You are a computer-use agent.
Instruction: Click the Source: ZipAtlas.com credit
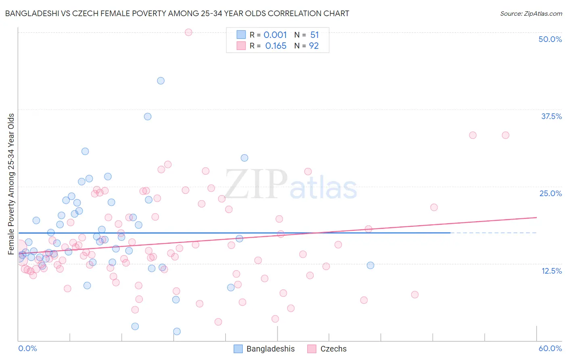[531, 13]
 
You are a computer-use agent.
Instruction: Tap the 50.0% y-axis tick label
[550, 39]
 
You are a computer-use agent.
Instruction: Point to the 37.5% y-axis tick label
[551, 116]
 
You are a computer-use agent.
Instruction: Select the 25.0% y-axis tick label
[550, 193]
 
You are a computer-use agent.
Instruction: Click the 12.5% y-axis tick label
[551, 271]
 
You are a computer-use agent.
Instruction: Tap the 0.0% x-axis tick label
[27, 348]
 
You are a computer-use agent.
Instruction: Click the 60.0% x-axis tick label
[550, 348]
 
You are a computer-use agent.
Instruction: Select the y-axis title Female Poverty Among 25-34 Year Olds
[11, 184]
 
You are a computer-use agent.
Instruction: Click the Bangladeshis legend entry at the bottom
[265, 349]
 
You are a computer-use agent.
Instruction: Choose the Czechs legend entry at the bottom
[327, 349]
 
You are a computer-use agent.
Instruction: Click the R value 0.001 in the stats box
[275, 35]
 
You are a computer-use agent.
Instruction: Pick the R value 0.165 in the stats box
[275, 46]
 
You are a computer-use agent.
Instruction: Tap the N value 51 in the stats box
[315, 35]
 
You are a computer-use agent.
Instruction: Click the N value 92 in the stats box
[314, 46]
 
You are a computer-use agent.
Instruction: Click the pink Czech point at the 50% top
[188, 32]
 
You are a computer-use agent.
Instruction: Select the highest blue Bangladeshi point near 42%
[161, 81]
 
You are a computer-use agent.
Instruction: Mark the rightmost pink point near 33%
[505, 135]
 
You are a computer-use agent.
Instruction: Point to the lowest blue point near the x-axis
[177, 331]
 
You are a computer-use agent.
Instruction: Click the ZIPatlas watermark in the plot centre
[290, 185]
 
